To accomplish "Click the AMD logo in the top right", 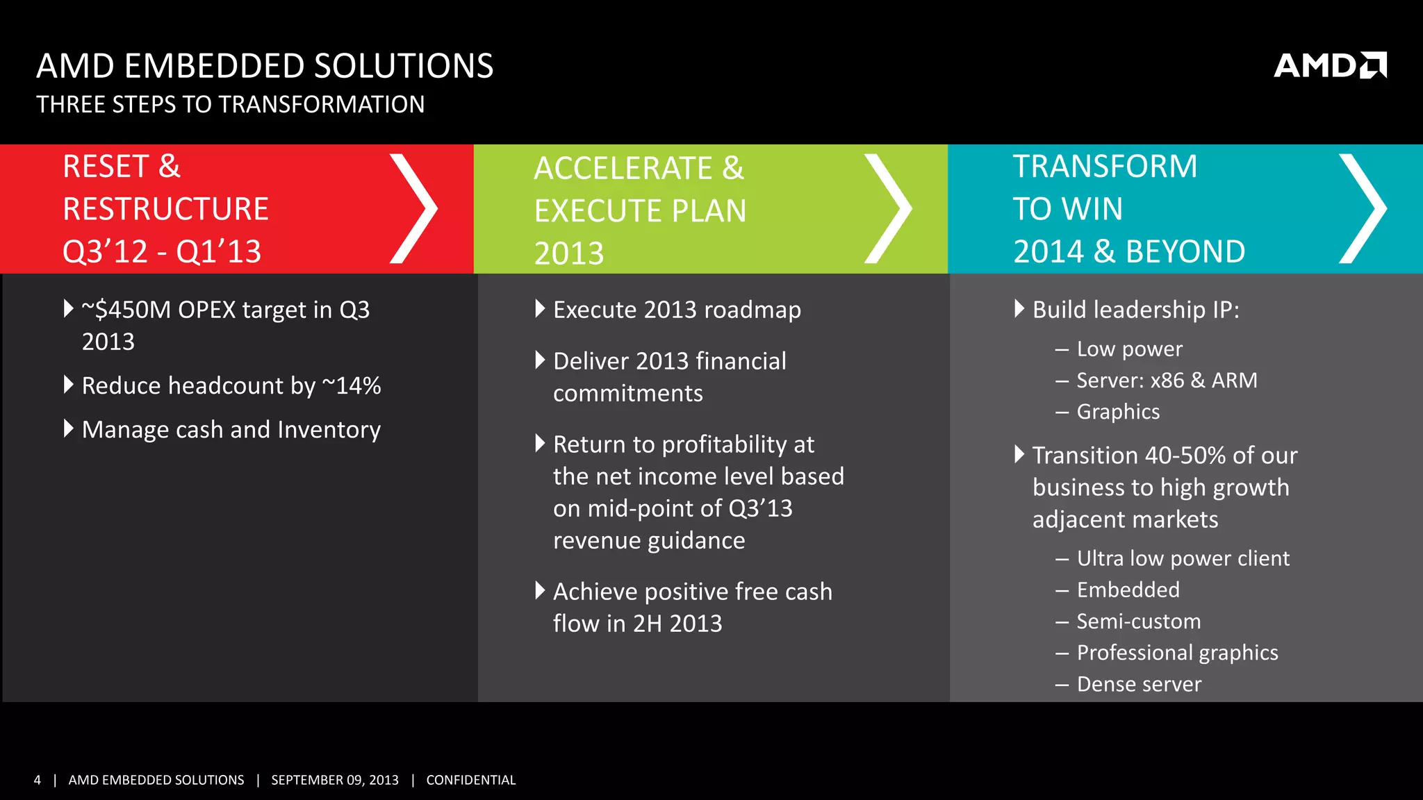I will click(1329, 66).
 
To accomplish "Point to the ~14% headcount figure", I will click(352, 385).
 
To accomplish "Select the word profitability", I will click(723, 444).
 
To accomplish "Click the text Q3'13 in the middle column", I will click(760, 508).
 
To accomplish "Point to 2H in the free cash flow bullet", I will click(647, 624).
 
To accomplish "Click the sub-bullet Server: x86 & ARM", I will click(1167, 381).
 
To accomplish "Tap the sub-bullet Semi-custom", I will click(1138, 622).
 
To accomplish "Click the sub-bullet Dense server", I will click(1138, 685).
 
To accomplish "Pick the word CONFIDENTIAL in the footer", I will click(470, 780).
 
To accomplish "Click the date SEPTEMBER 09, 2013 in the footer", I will click(334, 780).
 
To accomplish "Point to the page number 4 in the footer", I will click(38, 780).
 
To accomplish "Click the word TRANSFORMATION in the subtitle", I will click(322, 105).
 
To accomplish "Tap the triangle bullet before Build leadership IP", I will click(1019, 308).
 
